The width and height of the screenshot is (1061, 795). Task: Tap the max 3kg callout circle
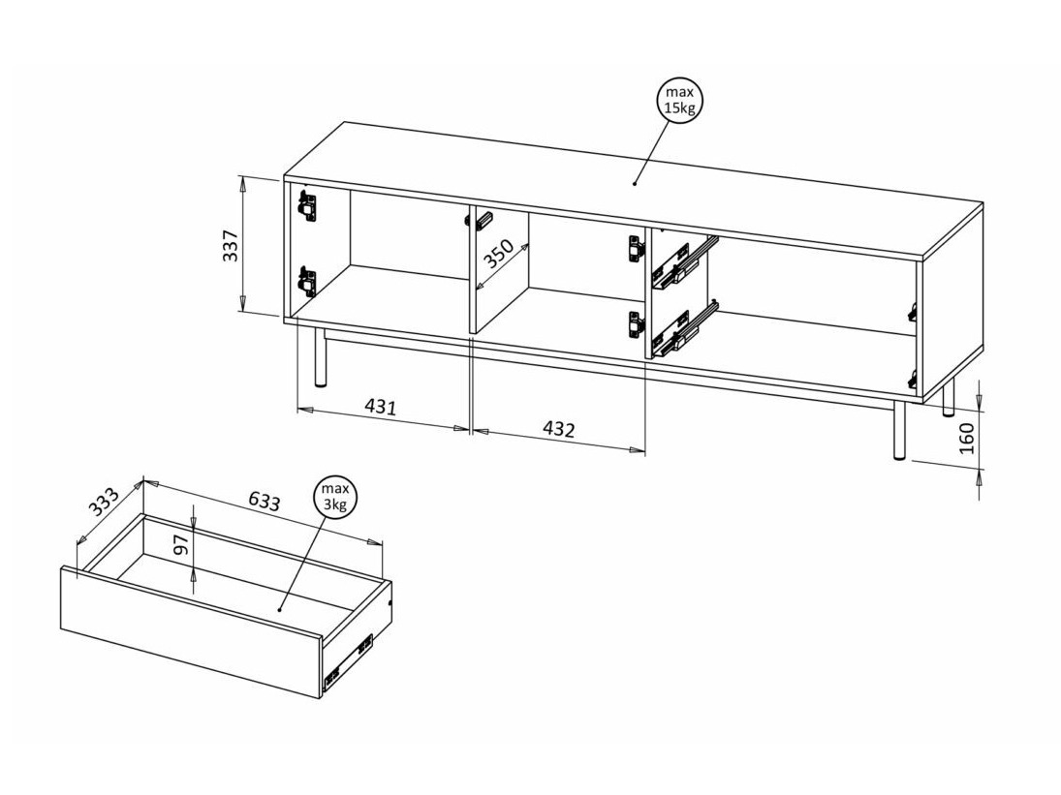[x=334, y=499]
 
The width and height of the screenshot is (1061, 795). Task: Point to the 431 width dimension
[x=381, y=407]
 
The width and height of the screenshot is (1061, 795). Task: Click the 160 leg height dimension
[x=966, y=437]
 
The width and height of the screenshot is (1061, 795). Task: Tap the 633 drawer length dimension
[x=264, y=501]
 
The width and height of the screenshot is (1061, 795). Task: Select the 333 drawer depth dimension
[x=103, y=504]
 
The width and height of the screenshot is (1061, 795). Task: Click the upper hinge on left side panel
[x=307, y=206]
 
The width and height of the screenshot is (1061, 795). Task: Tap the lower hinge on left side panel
[x=307, y=282]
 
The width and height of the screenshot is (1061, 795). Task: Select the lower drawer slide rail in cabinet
[x=683, y=329]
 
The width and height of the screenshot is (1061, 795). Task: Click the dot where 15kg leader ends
[x=635, y=182]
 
